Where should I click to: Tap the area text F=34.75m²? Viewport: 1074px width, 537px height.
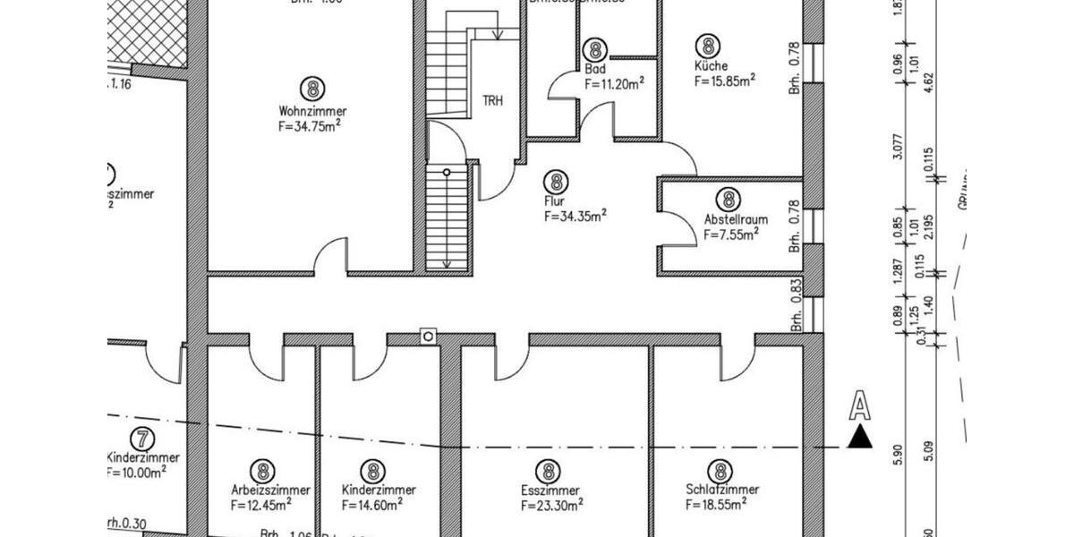tap(310, 126)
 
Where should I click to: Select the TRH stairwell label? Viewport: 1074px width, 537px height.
tap(492, 100)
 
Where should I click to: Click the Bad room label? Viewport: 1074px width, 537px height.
tap(595, 69)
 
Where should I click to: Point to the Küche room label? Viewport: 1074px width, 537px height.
tap(711, 66)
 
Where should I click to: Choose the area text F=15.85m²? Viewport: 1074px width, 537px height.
tap(725, 81)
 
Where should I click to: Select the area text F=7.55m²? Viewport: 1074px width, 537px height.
tap(730, 234)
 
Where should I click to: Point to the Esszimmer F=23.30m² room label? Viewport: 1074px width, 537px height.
tap(550, 490)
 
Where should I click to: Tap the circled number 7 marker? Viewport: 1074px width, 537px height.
tap(141, 439)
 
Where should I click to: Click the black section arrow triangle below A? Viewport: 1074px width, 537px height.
tap(860, 438)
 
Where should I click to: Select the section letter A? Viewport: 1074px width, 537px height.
tap(859, 407)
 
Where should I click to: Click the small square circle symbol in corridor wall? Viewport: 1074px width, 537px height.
tap(429, 336)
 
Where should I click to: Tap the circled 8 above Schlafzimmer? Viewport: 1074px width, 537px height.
tap(720, 470)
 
